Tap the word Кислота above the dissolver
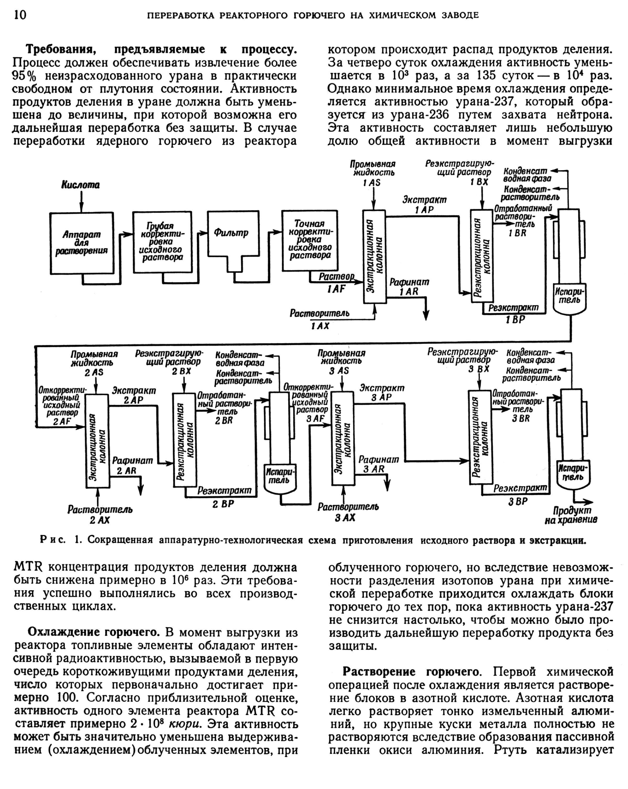point(81,185)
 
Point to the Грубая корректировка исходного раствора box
point(162,242)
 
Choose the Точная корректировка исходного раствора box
point(310,240)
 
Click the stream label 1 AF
point(336,289)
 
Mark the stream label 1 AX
point(320,326)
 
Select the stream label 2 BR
point(224,421)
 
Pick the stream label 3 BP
point(518,501)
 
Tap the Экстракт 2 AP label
point(133,395)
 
